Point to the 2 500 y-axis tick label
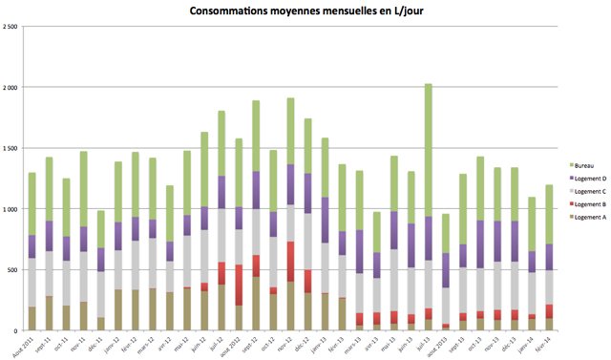pyautogui.click(x=11, y=27)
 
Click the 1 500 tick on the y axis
pyautogui.click(x=11, y=148)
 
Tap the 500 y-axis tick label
pyautogui.click(x=13, y=270)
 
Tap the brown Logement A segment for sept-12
pyautogui.click(x=256, y=304)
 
